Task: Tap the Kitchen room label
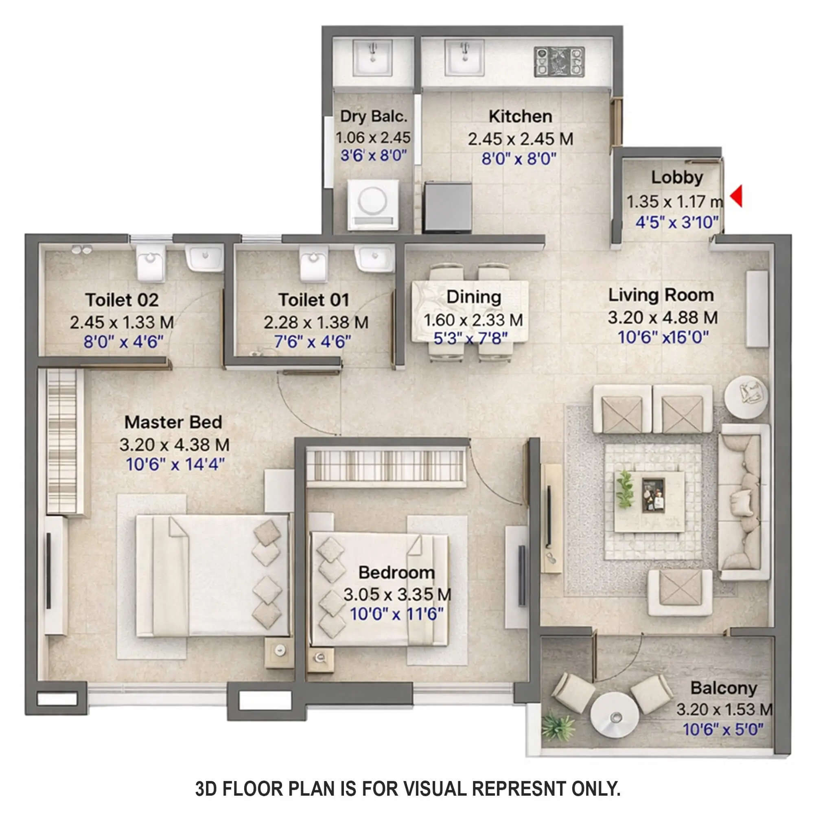[x=520, y=116]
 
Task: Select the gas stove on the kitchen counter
[x=559, y=61]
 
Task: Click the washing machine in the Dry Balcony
[x=373, y=205]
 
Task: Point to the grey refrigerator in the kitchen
[x=447, y=207]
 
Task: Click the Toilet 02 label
[x=122, y=300]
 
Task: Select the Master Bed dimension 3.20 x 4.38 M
[x=175, y=444]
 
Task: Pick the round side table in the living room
[x=746, y=396]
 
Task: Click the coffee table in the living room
[x=649, y=501]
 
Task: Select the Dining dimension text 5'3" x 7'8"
[x=470, y=338]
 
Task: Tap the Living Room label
[x=661, y=295]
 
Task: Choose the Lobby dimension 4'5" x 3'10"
[x=677, y=222]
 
